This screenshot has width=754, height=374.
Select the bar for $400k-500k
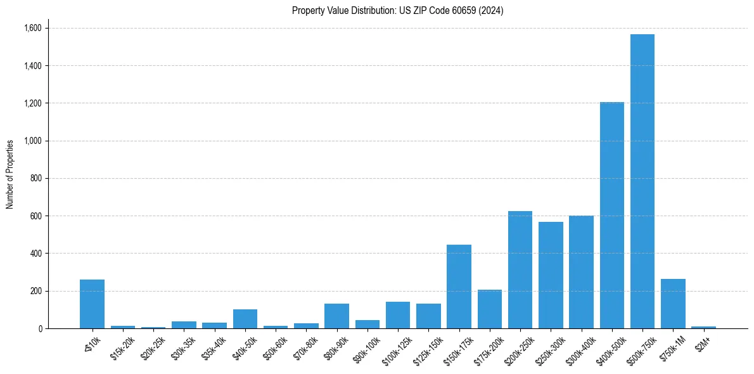[x=612, y=216]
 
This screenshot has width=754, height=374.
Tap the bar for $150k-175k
[x=459, y=287]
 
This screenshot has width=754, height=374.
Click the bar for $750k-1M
[x=673, y=304]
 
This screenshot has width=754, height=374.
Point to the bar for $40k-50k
[x=245, y=319]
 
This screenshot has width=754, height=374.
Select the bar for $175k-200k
[x=490, y=309]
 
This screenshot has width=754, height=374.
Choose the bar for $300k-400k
[x=581, y=273]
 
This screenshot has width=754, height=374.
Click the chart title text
[x=398, y=11]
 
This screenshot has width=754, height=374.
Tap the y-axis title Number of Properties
[x=10, y=174]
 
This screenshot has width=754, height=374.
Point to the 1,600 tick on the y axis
[x=32, y=28]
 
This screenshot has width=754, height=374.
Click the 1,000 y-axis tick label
[x=32, y=141]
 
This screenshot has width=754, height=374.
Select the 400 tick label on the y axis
[x=35, y=254]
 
